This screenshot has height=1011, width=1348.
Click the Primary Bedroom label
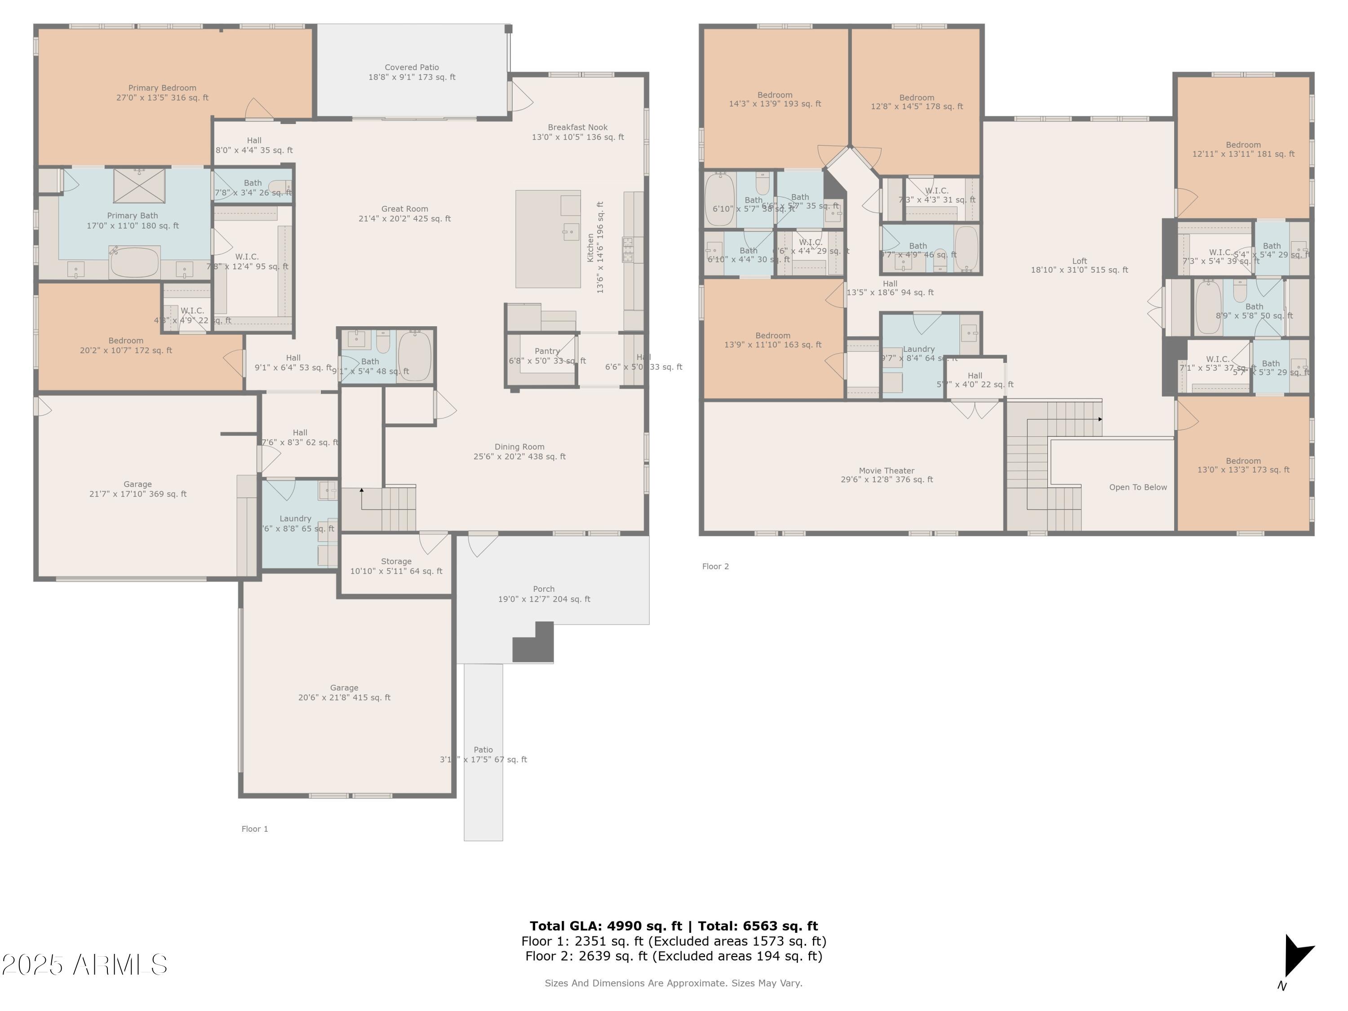coord(162,93)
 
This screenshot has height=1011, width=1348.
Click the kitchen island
coord(548,239)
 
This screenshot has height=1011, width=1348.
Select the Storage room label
coord(396,566)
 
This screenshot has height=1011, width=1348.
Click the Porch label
coord(544,594)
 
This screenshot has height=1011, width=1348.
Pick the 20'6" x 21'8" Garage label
coord(344,692)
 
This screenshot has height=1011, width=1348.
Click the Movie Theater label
coord(886,475)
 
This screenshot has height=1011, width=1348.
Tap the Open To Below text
coord(1137,487)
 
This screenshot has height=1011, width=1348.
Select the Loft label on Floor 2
coord(1079,265)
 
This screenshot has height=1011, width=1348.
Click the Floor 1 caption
coord(255,829)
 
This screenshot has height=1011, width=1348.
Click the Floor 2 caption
coord(715,566)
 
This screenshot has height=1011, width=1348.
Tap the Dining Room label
coord(519,452)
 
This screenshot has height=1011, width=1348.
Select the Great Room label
coord(405,213)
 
